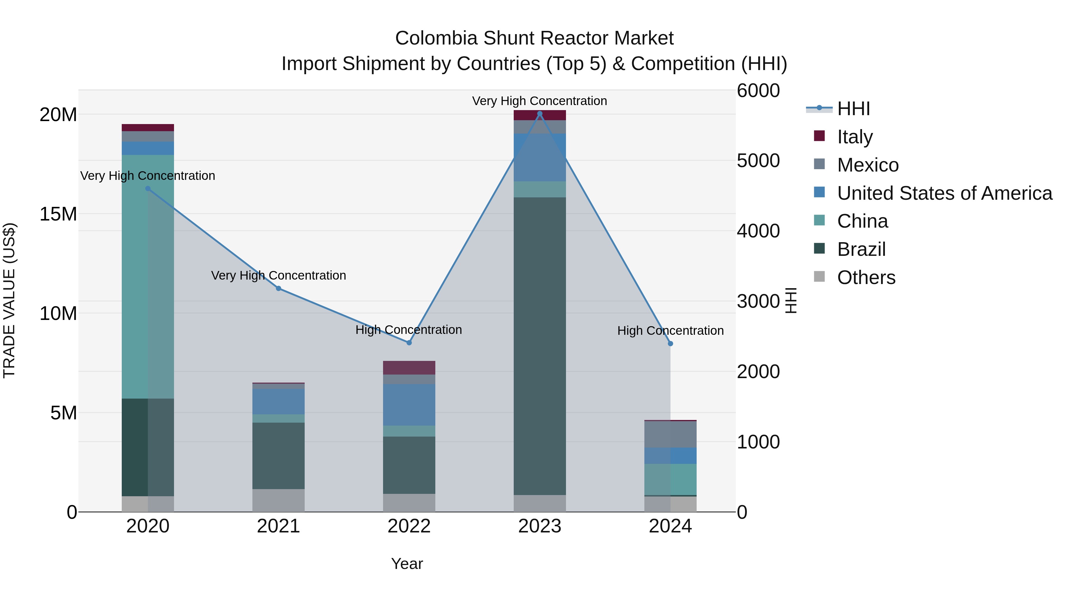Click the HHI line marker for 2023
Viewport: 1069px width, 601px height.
pyautogui.click(x=540, y=114)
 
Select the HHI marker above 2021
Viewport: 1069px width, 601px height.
pyautogui.click(x=279, y=288)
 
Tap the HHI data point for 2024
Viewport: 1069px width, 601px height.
pyautogui.click(x=670, y=343)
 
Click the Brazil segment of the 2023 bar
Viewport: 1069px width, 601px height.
pyautogui.click(x=540, y=346)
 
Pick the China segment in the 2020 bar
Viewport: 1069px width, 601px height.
pyautogui.click(x=148, y=277)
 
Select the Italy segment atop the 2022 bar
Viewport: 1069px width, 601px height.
pyautogui.click(x=409, y=367)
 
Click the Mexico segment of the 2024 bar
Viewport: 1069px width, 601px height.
pyautogui.click(x=670, y=434)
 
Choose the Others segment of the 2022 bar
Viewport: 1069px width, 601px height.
pyautogui.click(x=409, y=503)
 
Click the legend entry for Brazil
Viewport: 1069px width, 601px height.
pyautogui.click(x=861, y=249)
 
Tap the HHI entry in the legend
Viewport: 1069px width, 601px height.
pyautogui.click(x=853, y=109)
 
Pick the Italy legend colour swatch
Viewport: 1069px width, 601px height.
pyautogui.click(x=819, y=136)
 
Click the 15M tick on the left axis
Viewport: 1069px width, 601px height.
pyautogui.click(x=58, y=214)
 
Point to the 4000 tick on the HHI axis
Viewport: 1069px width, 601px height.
pyautogui.click(x=758, y=231)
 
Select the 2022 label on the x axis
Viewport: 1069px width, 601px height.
pyautogui.click(x=409, y=526)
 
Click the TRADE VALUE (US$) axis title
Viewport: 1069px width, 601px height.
pyautogui.click(x=9, y=300)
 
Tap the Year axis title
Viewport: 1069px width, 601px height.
pyautogui.click(x=407, y=564)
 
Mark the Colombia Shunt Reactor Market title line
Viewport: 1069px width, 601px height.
pyautogui.click(x=534, y=38)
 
